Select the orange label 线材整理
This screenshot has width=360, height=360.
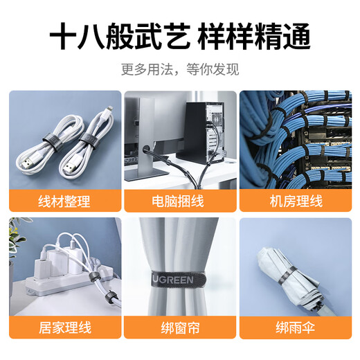(x=64, y=201)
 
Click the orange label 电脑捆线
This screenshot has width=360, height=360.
(x=179, y=201)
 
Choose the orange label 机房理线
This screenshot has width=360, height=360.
(x=296, y=201)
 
